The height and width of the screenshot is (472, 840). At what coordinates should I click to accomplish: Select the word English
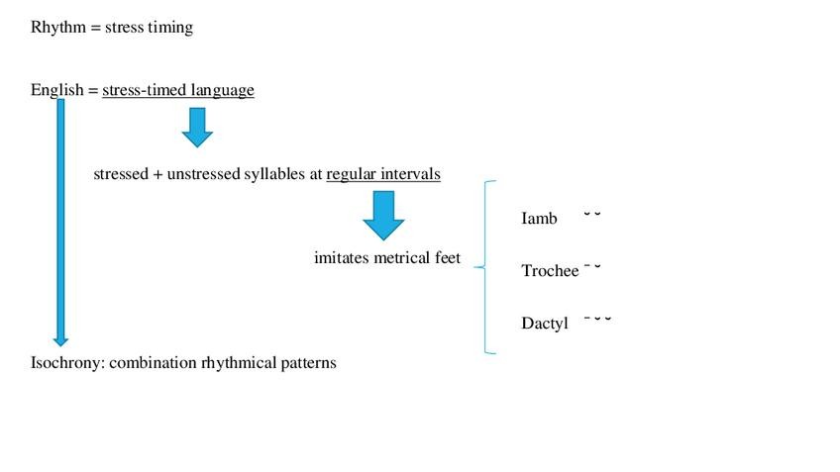[x=57, y=91]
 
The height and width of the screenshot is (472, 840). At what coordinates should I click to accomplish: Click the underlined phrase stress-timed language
[x=178, y=91]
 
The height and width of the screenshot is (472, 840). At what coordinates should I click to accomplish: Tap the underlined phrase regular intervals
[x=383, y=174]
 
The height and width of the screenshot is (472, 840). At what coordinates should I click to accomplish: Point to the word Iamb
[x=539, y=218]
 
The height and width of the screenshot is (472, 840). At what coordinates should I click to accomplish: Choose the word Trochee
[x=550, y=271]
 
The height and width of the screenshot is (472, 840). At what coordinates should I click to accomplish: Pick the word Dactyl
[x=545, y=324]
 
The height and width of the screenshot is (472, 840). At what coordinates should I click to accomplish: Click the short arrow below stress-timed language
[x=197, y=127]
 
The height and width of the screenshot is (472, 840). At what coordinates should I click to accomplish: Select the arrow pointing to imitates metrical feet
[x=383, y=215]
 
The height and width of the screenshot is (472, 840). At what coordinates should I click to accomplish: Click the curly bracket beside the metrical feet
[x=485, y=266]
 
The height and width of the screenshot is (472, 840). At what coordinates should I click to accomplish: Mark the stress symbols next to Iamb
[x=592, y=213]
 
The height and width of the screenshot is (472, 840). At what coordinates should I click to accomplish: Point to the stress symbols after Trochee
[x=592, y=267]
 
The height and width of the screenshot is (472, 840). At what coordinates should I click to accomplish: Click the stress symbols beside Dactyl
[x=597, y=319]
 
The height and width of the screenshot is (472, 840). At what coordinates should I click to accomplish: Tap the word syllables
[x=276, y=174]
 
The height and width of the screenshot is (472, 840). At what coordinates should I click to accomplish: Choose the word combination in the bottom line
[x=154, y=363]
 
